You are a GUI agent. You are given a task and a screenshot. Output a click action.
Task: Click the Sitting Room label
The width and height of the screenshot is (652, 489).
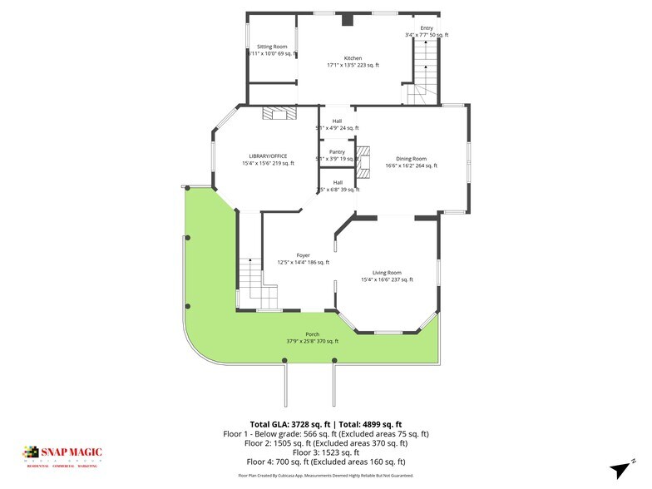coord(272,47)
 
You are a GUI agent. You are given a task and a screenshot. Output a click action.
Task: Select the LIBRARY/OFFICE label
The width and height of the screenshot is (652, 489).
coord(268,156)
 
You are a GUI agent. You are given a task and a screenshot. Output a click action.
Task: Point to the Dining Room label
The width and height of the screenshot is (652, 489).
coord(411,158)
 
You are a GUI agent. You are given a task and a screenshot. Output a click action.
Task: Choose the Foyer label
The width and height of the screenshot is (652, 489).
coord(303,255)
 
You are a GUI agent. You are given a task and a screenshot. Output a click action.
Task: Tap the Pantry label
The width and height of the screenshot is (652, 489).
coord(337,151)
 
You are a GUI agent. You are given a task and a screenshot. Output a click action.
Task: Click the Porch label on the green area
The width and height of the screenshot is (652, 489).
coord(312,334)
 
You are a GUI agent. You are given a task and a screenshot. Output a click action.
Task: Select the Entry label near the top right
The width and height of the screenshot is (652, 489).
coord(427,28)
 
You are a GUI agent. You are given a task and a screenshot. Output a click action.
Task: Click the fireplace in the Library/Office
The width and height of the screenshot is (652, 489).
coord(274,114)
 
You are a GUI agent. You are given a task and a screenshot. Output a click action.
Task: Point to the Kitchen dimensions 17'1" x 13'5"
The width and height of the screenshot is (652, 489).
coord(353,65)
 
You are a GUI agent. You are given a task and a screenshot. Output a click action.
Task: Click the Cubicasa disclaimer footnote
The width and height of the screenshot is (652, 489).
coord(326,476)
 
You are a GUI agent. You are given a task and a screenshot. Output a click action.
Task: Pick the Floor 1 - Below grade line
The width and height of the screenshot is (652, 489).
coord(326,434)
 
